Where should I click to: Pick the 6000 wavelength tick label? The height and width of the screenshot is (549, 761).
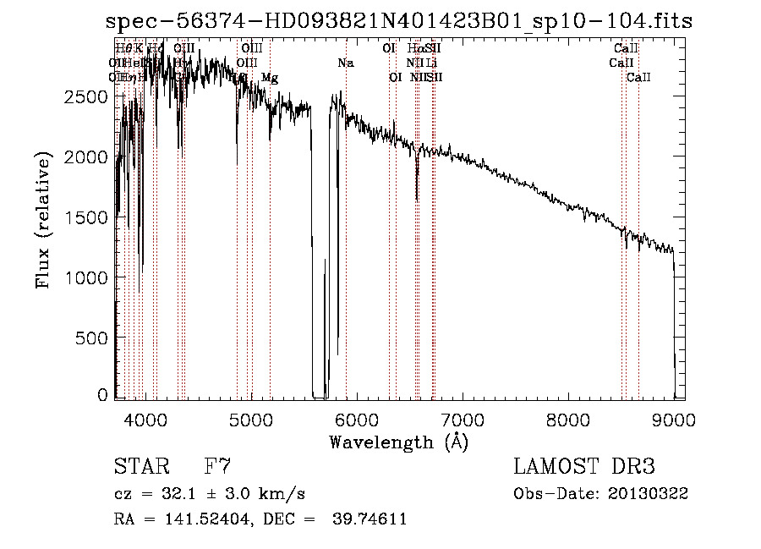coord(356,418)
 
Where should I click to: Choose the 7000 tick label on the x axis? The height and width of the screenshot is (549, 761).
coord(462,418)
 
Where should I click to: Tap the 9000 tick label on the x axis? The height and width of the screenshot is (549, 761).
coord(673,418)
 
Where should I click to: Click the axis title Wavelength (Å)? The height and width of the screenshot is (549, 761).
coord(398,442)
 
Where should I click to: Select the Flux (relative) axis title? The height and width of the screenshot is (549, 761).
coord(42,221)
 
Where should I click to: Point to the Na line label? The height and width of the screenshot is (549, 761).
coord(345,63)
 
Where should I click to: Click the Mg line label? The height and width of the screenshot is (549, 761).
coord(269,78)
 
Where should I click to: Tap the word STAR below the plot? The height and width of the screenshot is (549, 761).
coord(140,467)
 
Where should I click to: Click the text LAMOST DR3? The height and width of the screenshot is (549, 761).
coord(584,467)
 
